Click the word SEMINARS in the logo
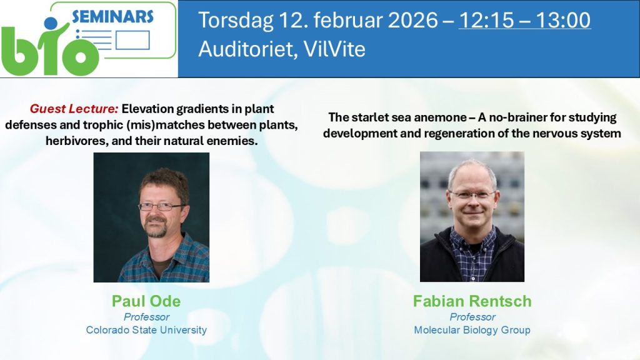(x=112, y=17)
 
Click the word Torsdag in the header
(x=236, y=21)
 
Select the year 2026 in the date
(x=412, y=21)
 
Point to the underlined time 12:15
(x=484, y=21)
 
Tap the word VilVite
(x=334, y=49)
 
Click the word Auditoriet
(x=247, y=49)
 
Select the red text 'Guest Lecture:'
(x=74, y=109)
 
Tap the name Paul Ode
(x=146, y=301)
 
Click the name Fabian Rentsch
(x=472, y=301)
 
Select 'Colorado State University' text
(x=146, y=330)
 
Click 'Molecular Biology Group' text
(x=472, y=330)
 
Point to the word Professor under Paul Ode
(x=146, y=317)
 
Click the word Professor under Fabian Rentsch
(x=472, y=317)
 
